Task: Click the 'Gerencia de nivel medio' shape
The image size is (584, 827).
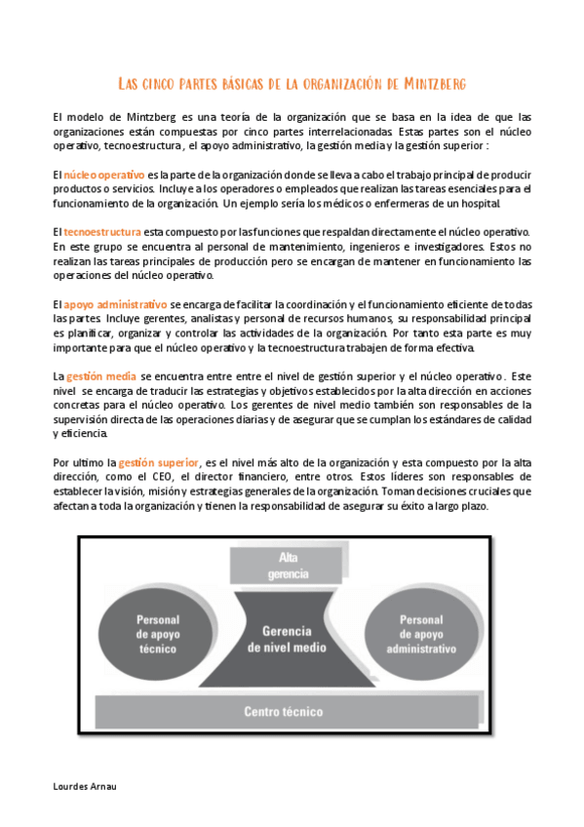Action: (288, 639)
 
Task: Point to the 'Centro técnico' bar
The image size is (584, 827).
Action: (283, 711)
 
